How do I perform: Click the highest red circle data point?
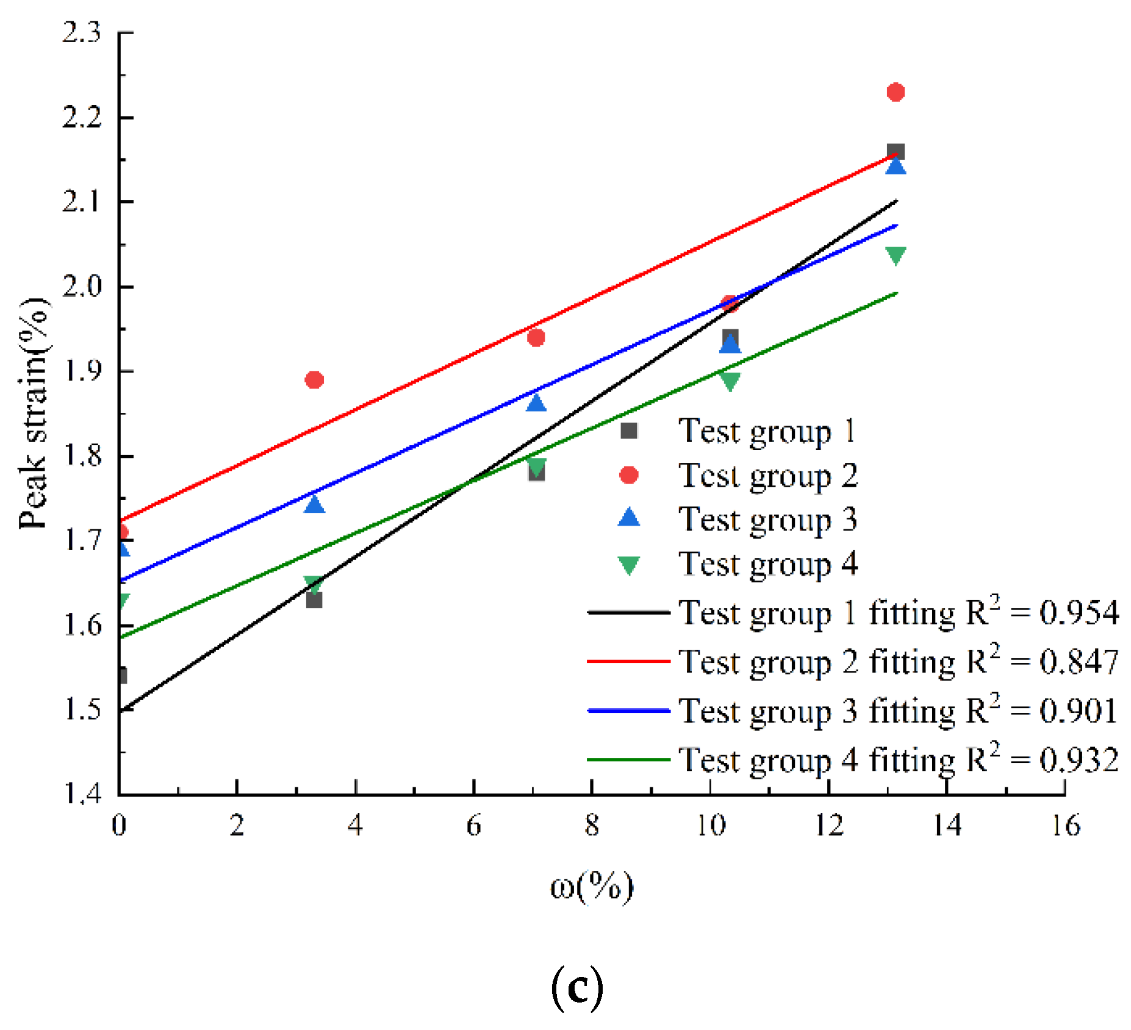click(x=895, y=92)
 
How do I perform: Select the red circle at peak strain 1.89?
click(x=314, y=380)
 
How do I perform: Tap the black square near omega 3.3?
click(x=314, y=600)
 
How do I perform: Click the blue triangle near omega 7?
click(x=536, y=403)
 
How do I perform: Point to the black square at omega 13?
click(x=895, y=151)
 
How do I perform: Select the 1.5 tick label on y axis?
click(x=82, y=709)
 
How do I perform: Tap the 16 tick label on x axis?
click(x=1065, y=826)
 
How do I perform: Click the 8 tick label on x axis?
click(x=592, y=826)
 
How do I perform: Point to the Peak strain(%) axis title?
click(x=34, y=413)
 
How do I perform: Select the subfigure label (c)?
click(x=576, y=988)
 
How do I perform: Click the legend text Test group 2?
click(x=767, y=476)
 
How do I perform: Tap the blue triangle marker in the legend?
click(x=628, y=518)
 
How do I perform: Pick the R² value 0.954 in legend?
click(x=1079, y=612)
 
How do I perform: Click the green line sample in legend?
click(x=628, y=760)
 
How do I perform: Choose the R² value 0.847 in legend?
click(x=1079, y=662)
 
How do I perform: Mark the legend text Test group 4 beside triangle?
click(x=767, y=564)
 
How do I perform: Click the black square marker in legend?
click(x=628, y=431)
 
